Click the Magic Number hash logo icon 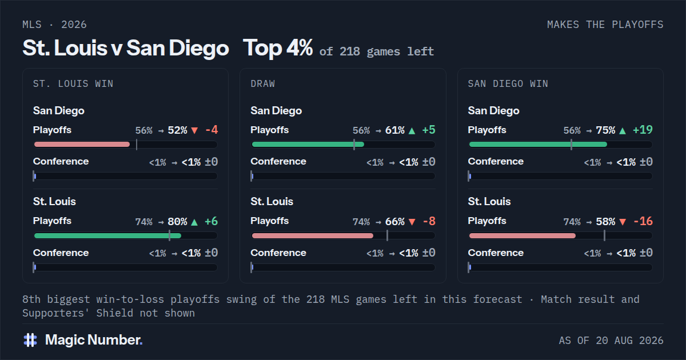pyautogui.click(x=30, y=340)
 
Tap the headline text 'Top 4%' pyautogui.click(x=278, y=48)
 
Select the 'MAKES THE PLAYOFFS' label pyautogui.click(x=605, y=25)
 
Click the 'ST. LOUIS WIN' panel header pyautogui.click(x=73, y=83)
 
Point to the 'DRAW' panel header pyautogui.click(x=263, y=83)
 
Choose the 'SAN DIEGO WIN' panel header pyautogui.click(x=508, y=83)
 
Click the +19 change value pyautogui.click(x=643, y=130)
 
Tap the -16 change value pyautogui.click(x=643, y=221)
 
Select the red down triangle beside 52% pyautogui.click(x=194, y=131)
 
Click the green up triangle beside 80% pyautogui.click(x=194, y=222)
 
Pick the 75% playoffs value pyautogui.click(x=605, y=130)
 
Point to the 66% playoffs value pyautogui.click(x=395, y=221)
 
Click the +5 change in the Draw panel pyautogui.click(x=429, y=130)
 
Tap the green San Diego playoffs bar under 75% pyautogui.click(x=538, y=145)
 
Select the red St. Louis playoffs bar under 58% pyautogui.click(x=523, y=235)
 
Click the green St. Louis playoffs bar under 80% pyautogui.click(x=108, y=235)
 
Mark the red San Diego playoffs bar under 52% pyautogui.click(x=82, y=145)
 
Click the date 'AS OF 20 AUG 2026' pyautogui.click(x=611, y=341)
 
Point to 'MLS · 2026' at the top pyautogui.click(x=54, y=25)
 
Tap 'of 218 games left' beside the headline pyautogui.click(x=377, y=51)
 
